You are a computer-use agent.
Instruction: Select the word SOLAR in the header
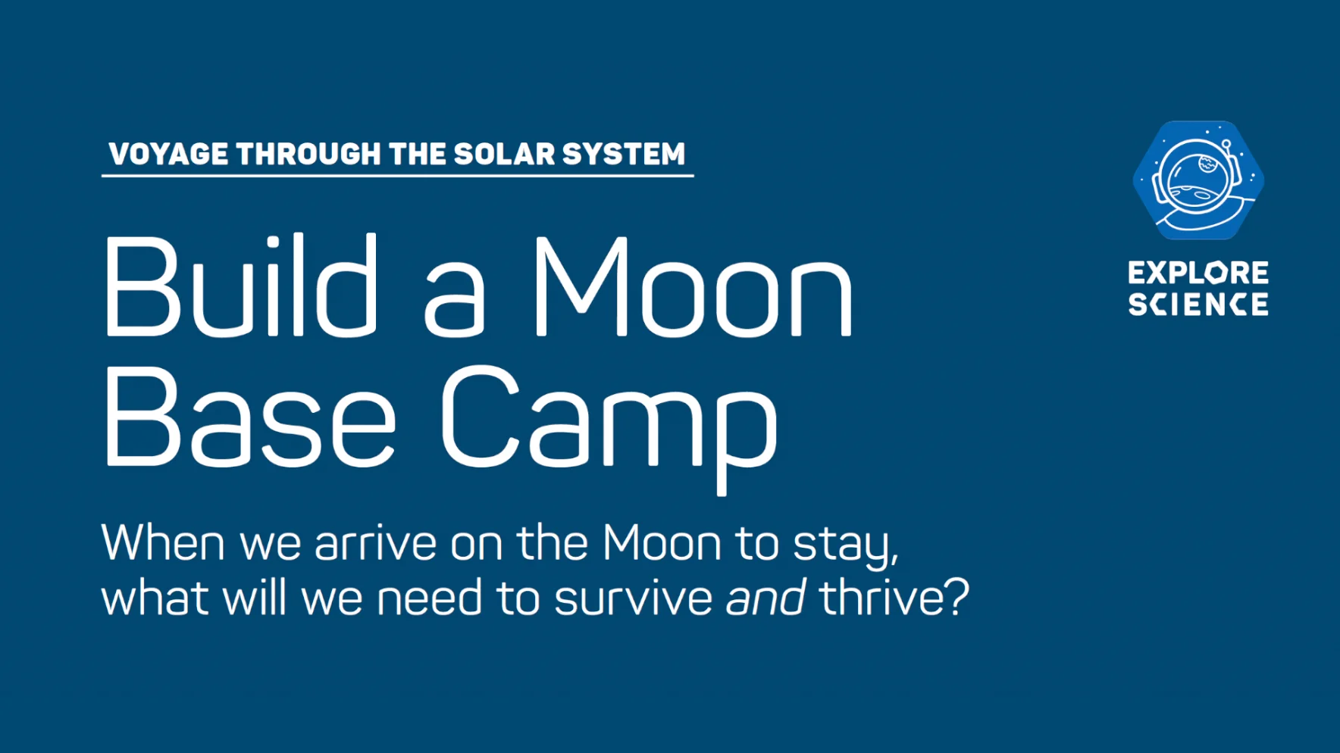(505, 154)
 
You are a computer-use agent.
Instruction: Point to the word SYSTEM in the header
(624, 154)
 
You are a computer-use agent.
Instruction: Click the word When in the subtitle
(163, 542)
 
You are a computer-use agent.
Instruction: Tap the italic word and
(765, 598)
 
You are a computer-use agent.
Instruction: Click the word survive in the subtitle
(634, 598)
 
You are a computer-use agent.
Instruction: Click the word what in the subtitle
(155, 598)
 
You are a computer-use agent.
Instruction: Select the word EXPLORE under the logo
(1198, 273)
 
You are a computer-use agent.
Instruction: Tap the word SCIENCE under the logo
(1198, 305)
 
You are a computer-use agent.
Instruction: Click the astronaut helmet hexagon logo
(1198, 180)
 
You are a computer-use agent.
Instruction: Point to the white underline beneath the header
(398, 176)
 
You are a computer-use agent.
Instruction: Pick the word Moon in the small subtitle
(662, 543)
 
